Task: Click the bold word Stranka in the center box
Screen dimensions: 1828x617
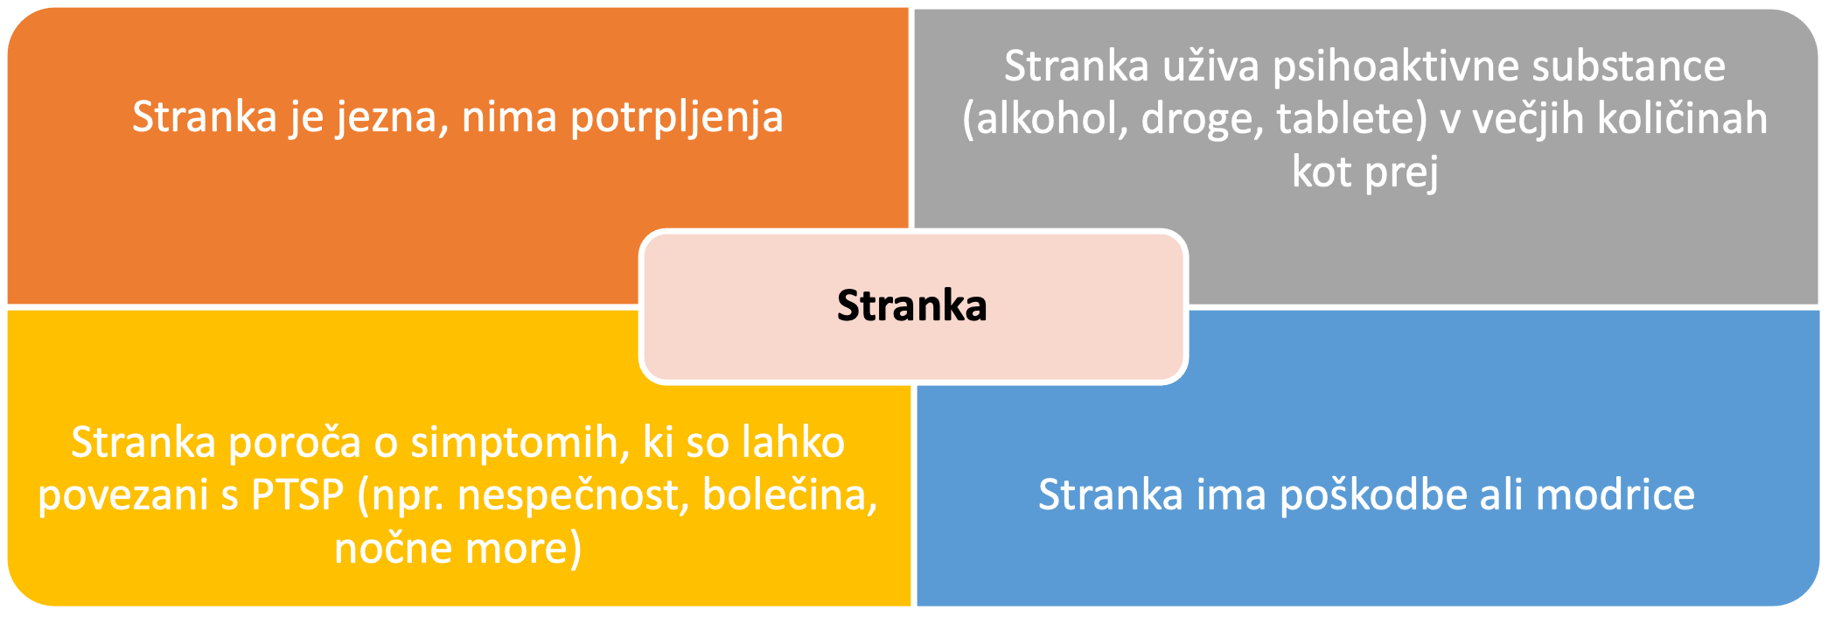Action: point(911,305)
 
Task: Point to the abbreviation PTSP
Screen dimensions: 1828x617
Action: point(297,496)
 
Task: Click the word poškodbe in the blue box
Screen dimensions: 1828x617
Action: point(1373,496)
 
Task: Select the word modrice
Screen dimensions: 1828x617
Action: point(1615,495)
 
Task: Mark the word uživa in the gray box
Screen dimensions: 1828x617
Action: point(1211,67)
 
